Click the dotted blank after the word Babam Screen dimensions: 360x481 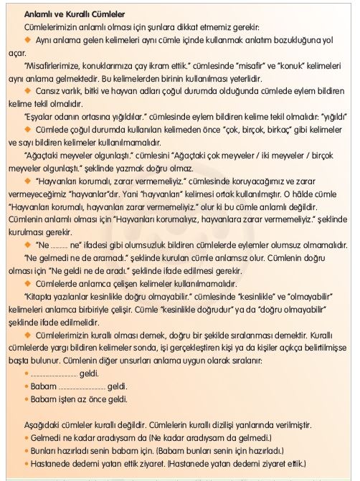[80, 386]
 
